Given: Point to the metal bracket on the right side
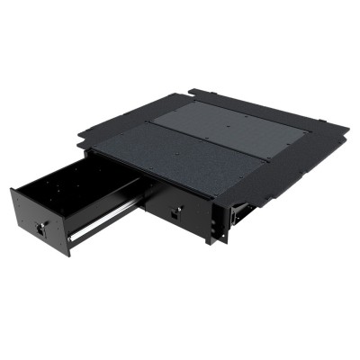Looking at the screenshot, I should pyautogui.click(x=238, y=212).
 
